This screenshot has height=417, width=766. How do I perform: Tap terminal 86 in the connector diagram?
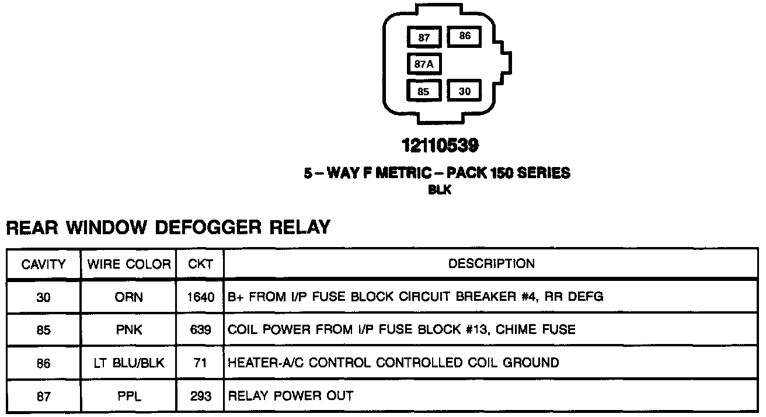pyautogui.click(x=464, y=36)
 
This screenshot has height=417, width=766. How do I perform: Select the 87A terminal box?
pyautogui.click(x=424, y=64)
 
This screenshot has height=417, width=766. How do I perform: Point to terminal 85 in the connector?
pyautogui.click(x=424, y=91)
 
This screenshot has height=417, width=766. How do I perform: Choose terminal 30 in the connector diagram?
pyautogui.click(x=464, y=91)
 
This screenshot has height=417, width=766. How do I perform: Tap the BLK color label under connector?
pyautogui.click(x=440, y=190)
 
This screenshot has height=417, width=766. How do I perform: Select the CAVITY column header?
pyautogui.click(x=43, y=264)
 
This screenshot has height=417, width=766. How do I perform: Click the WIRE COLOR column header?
pyautogui.click(x=129, y=264)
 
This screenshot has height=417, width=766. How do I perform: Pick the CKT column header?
pyautogui.click(x=200, y=264)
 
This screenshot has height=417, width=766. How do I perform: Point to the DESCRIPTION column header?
pyautogui.click(x=491, y=263)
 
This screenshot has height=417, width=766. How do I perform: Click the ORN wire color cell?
pyautogui.click(x=129, y=297)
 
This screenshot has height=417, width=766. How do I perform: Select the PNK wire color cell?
pyautogui.click(x=129, y=330)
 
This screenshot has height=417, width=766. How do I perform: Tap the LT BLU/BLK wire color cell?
pyautogui.click(x=129, y=363)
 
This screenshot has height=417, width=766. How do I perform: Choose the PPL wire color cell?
pyautogui.click(x=129, y=397)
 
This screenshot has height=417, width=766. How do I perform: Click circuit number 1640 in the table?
pyautogui.click(x=200, y=297)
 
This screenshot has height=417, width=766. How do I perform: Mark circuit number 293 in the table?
pyautogui.click(x=200, y=397)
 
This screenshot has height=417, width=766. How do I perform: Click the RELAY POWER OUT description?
pyautogui.click(x=290, y=397)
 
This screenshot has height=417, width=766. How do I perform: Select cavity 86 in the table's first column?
pyautogui.click(x=43, y=363)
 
